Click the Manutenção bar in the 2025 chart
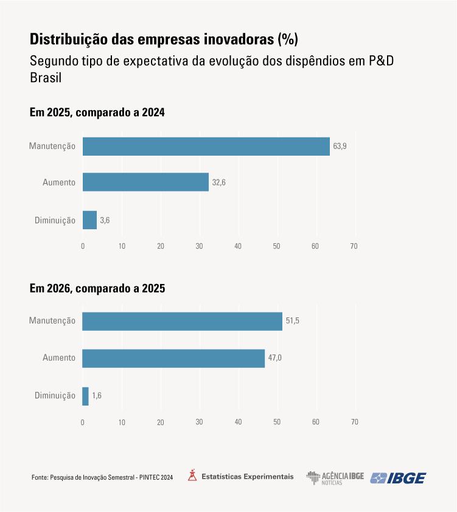(x=206, y=147)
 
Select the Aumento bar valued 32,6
(x=145, y=182)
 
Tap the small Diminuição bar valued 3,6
(x=89, y=220)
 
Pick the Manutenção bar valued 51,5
(x=182, y=321)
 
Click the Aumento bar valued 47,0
(x=173, y=358)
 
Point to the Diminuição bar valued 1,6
(x=86, y=396)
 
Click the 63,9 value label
(x=340, y=147)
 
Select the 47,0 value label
(x=275, y=358)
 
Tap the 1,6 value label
(x=97, y=396)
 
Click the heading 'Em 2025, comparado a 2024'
(x=97, y=112)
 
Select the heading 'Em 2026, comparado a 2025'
(x=97, y=288)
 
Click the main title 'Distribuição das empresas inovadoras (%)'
(x=164, y=40)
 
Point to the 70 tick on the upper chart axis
(x=354, y=246)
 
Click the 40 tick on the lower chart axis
(x=238, y=422)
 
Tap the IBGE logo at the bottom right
(x=399, y=478)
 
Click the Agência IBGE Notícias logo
(x=335, y=478)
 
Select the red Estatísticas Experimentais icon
(x=192, y=476)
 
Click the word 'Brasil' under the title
(x=46, y=78)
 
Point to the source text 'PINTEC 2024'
(x=156, y=478)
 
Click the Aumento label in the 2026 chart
(x=59, y=358)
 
